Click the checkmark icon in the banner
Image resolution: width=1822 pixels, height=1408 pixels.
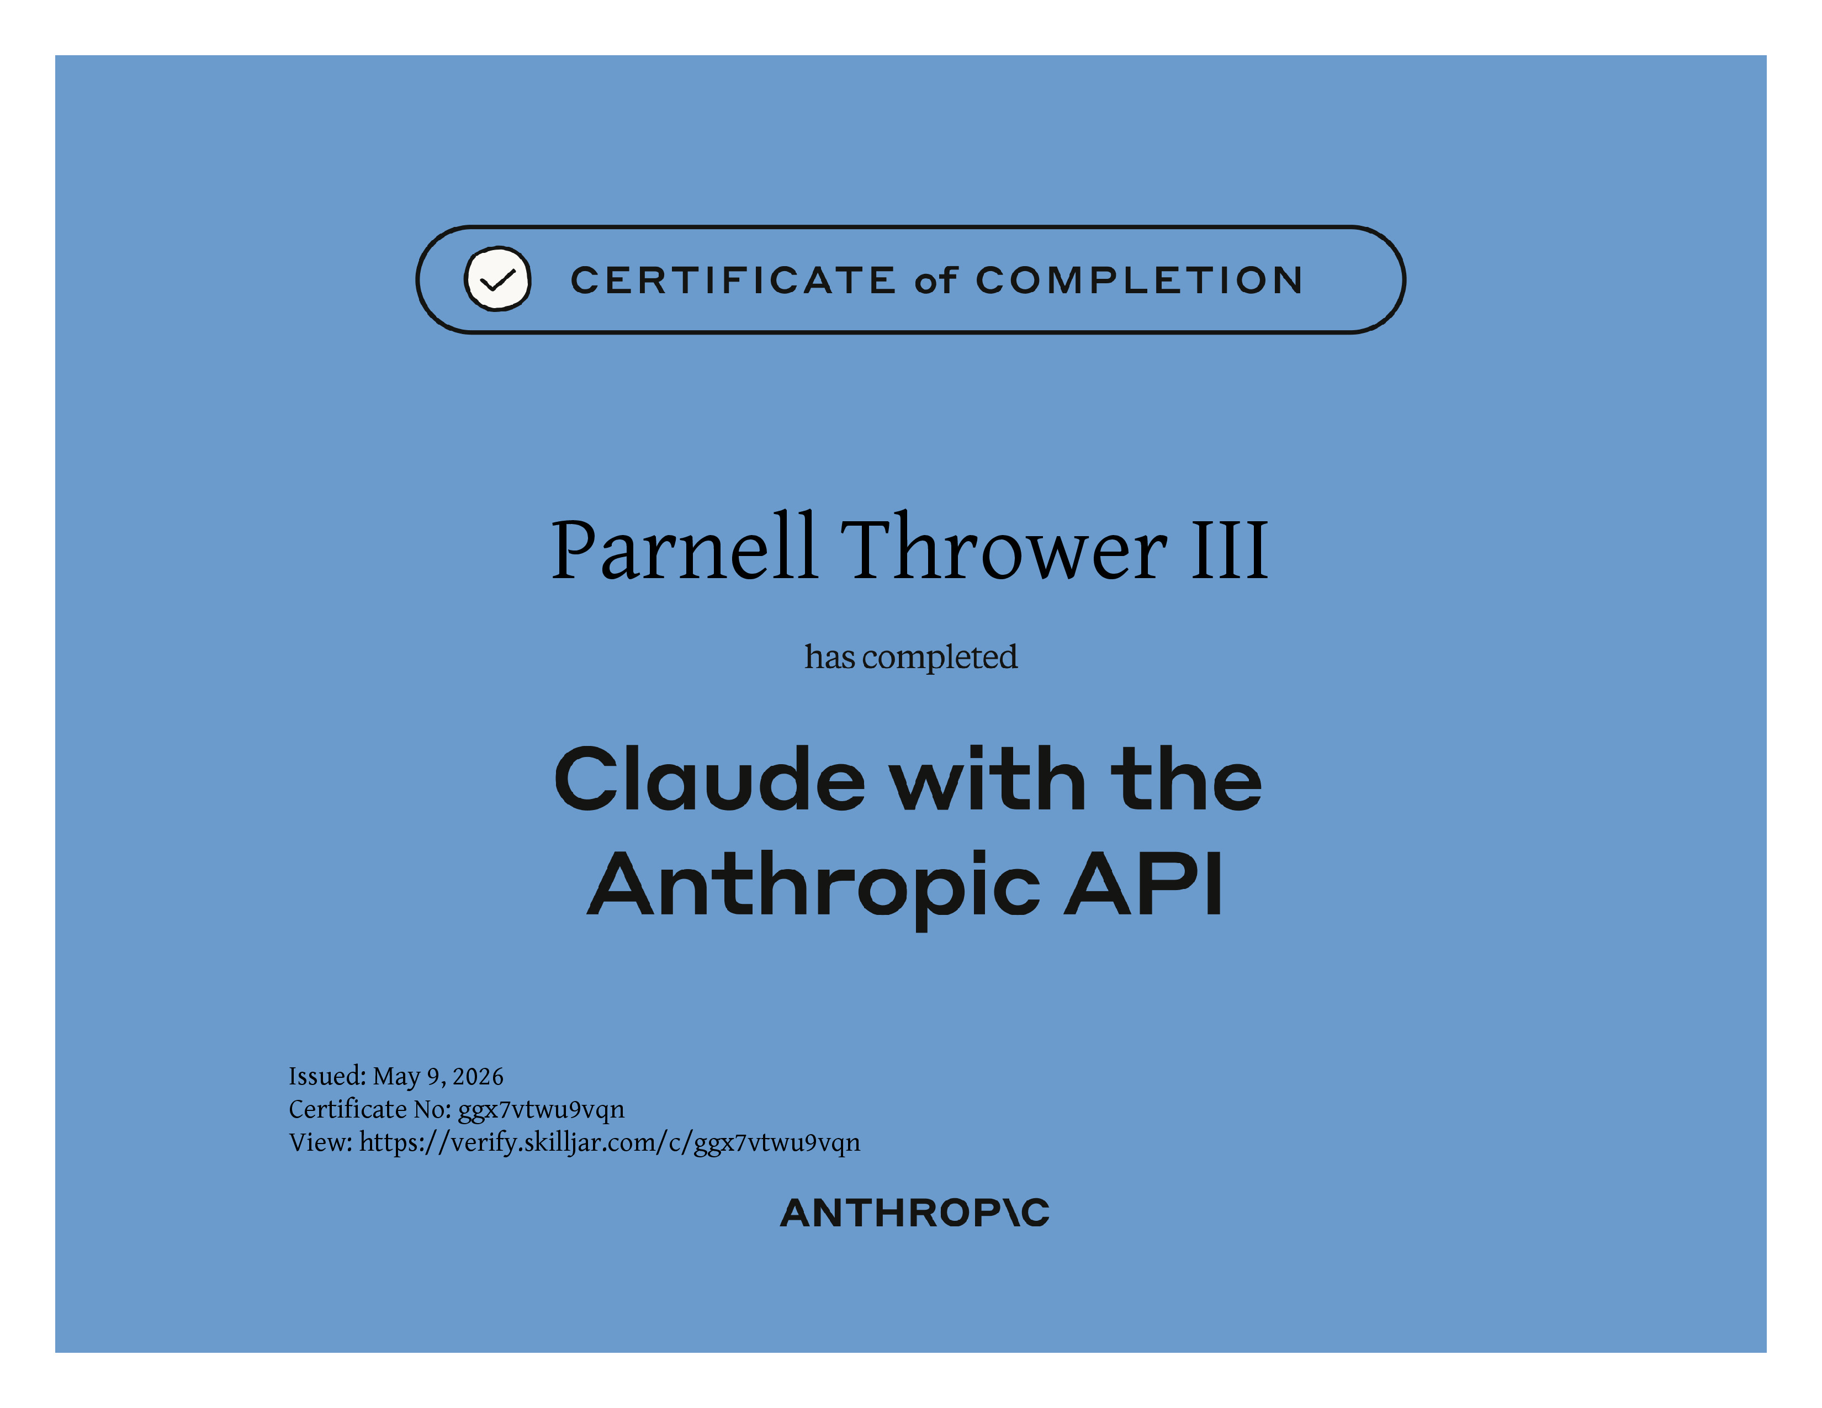coord(497,279)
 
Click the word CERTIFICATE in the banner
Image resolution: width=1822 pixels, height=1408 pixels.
coord(733,280)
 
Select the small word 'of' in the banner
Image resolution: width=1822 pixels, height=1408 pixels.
coord(935,280)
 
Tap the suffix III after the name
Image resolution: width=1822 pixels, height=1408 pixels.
coord(1230,549)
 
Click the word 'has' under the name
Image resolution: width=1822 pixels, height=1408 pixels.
coord(829,657)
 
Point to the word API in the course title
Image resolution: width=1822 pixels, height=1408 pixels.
coord(1144,882)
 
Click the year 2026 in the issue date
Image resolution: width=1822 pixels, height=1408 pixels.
coord(478,1077)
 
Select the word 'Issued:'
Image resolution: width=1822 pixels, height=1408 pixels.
coord(327,1076)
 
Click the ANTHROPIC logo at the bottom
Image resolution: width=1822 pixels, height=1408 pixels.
coord(914,1213)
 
